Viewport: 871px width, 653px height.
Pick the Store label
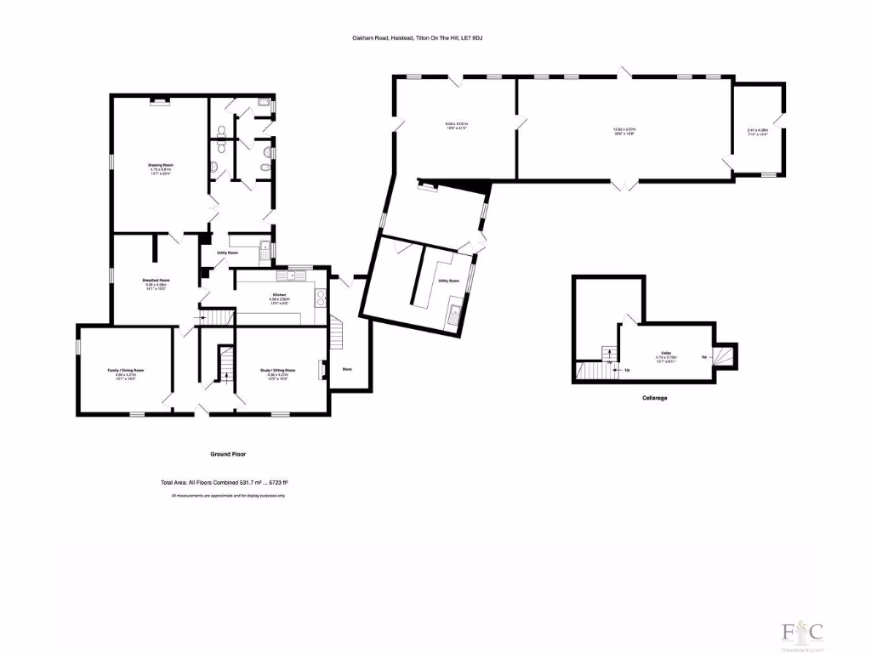[x=347, y=369]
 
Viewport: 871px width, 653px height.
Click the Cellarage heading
[x=654, y=398]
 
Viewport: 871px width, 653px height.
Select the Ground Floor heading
[x=227, y=454]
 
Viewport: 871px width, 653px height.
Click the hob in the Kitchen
[x=321, y=297]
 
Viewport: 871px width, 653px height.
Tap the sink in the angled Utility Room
[x=456, y=312]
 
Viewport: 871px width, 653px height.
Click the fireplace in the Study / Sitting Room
[x=321, y=370]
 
